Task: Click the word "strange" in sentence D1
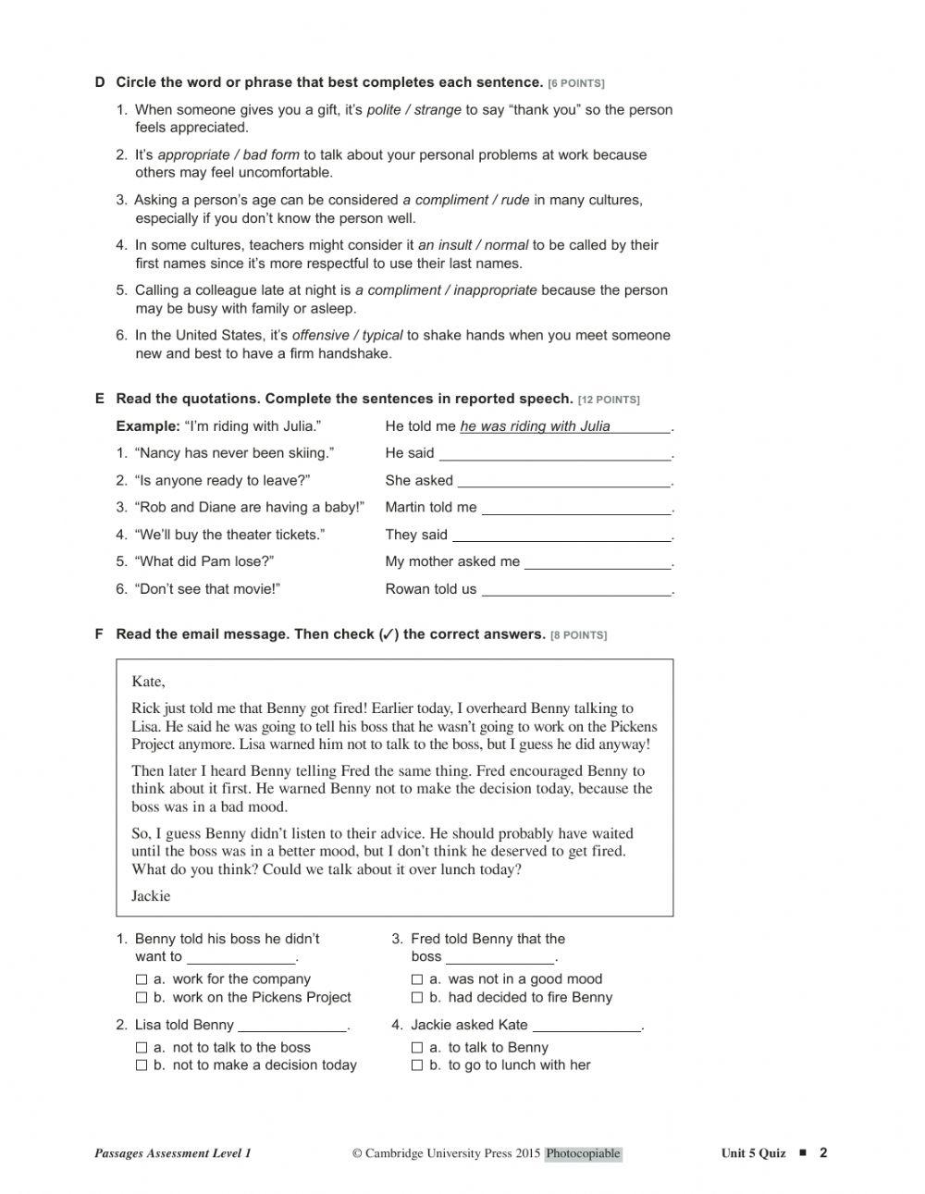tap(438, 110)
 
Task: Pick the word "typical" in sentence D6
tap(382, 336)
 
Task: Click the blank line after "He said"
tap(555, 454)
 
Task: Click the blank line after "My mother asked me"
tap(598, 562)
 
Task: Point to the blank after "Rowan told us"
tap(577, 590)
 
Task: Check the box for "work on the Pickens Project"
tap(142, 998)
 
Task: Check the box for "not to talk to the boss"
tap(142, 1048)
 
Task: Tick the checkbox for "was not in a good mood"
tap(417, 979)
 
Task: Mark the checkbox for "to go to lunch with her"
tap(417, 1065)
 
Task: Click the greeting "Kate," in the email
tap(148, 682)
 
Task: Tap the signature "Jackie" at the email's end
tap(151, 896)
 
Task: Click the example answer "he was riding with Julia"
tap(536, 426)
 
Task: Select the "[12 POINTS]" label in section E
tap(609, 400)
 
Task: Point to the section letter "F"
tap(99, 634)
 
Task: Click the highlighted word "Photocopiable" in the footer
tap(583, 1153)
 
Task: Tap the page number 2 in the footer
tap(823, 1152)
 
